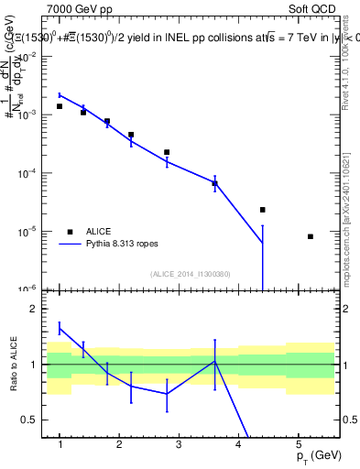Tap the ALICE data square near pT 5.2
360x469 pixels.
tap(311, 236)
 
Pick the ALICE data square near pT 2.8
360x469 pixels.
tap(167, 152)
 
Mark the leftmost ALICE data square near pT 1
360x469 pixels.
tap(60, 106)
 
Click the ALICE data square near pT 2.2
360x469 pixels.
tap(131, 135)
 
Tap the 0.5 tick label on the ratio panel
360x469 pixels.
tap(30, 420)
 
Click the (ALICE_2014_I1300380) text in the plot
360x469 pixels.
tap(191, 274)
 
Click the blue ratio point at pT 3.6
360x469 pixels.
tap(214, 361)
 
